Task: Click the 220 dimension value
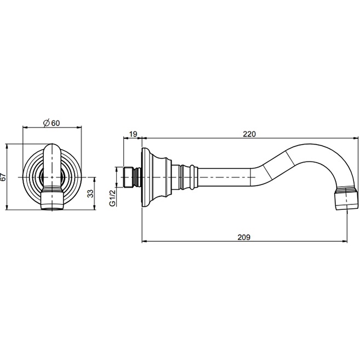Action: pos(249,134)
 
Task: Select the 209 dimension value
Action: pos(244,237)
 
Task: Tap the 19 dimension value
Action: pos(133,134)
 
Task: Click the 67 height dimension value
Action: pos(3,177)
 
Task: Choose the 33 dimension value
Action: pos(91,193)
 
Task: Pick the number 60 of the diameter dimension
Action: pos(55,123)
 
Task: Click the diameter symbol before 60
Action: pos(47,123)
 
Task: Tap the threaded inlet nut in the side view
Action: pos(129,177)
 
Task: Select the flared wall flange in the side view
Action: pos(157,177)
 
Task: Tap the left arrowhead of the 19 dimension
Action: pos(126,138)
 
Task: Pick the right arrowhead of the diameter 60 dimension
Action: pos(79,127)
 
